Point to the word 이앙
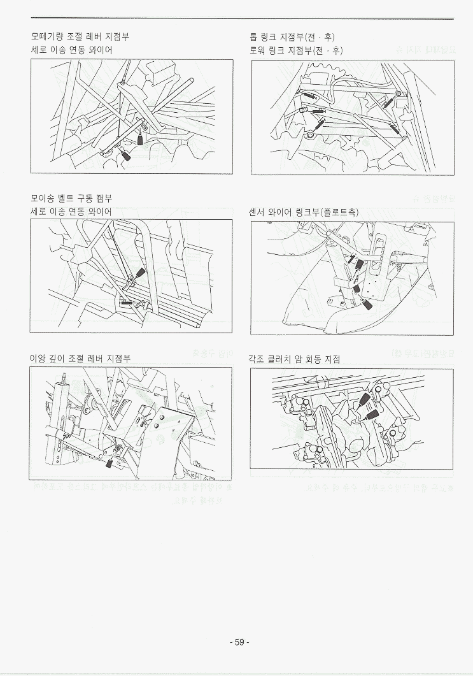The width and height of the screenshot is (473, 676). (x=38, y=359)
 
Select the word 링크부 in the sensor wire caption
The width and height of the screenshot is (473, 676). (x=308, y=212)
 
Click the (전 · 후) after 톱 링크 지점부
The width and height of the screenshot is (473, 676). (x=320, y=36)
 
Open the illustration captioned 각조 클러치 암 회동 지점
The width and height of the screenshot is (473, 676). (x=352, y=419)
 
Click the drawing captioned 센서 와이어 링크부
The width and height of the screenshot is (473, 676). (x=352, y=278)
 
